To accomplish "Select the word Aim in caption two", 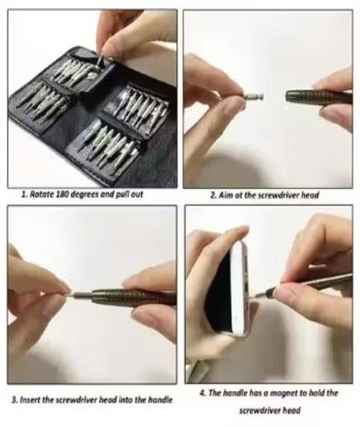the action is click(224, 195).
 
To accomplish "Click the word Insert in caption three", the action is click(30, 400).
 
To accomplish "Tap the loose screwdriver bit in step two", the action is click(254, 96).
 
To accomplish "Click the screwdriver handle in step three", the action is click(133, 297).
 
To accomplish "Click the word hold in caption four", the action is click(318, 393).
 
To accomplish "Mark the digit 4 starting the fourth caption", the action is click(202, 394).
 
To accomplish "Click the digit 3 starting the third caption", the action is click(14, 401).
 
